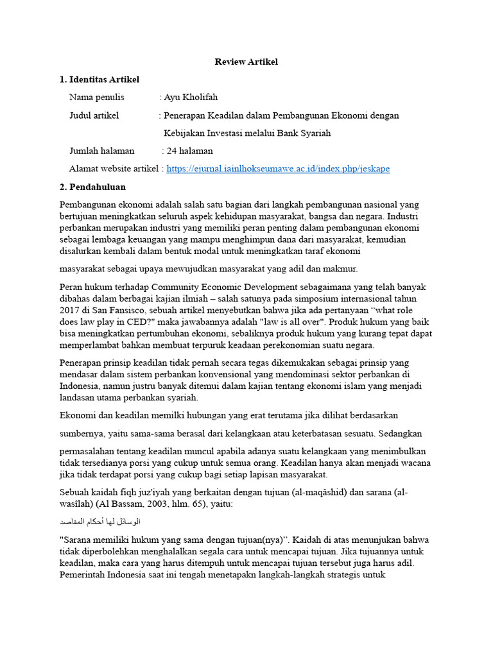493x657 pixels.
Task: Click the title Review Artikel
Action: coord(246,62)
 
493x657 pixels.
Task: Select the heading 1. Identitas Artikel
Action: coord(99,80)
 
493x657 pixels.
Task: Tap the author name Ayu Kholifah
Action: coord(191,98)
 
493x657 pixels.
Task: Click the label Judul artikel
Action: coord(94,115)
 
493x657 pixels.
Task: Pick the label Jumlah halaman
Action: coord(101,151)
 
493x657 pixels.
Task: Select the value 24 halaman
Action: coord(190,151)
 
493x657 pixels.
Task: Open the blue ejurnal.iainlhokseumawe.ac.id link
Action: coord(278,169)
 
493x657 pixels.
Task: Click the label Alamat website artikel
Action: coord(114,169)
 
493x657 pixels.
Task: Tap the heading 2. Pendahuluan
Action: coord(92,187)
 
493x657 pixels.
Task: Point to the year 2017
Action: coord(70,311)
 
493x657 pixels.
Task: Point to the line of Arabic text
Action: coord(99,522)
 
